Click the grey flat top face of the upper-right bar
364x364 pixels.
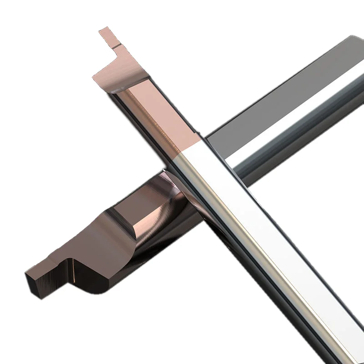[x=282, y=91]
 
